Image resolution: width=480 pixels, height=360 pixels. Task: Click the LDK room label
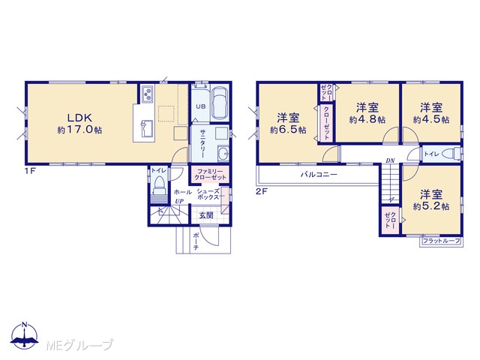click(x=79, y=118)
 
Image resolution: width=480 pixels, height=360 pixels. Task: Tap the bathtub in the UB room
click(x=220, y=103)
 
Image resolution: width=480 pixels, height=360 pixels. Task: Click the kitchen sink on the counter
click(x=146, y=129)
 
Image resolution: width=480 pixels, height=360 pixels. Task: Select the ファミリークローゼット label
click(x=210, y=175)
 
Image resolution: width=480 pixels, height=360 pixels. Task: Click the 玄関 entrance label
click(x=206, y=215)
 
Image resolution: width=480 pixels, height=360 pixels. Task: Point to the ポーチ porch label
click(x=196, y=241)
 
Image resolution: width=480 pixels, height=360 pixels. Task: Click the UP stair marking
click(x=179, y=202)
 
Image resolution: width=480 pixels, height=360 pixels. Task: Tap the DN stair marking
click(x=390, y=160)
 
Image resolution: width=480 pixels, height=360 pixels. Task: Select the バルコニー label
click(x=319, y=175)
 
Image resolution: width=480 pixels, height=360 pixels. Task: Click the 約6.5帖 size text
click(x=288, y=130)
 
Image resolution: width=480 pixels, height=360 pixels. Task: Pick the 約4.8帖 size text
click(x=367, y=120)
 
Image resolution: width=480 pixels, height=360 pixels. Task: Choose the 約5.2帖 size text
click(x=431, y=207)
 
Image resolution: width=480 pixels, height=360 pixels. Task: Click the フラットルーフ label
click(x=441, y=241)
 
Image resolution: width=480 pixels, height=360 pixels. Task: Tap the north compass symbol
click(x=25, y=335)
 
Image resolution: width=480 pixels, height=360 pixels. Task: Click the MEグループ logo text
click(x=79, y=345)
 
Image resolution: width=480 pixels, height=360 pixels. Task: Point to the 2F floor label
click(x=262, y=192)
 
